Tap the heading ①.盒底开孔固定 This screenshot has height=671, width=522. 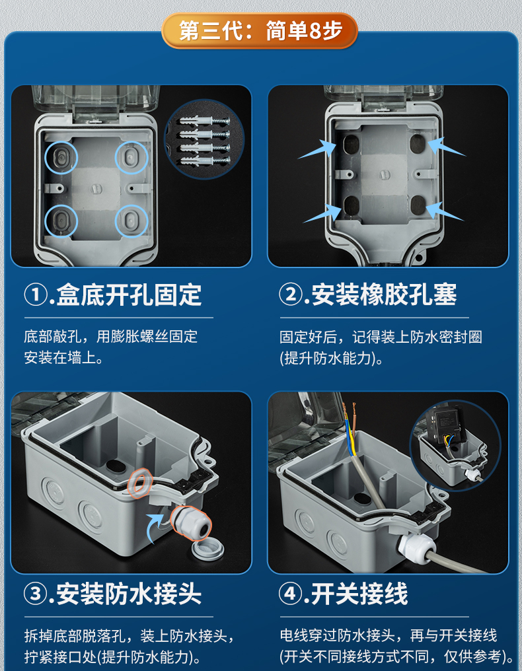point(113,294)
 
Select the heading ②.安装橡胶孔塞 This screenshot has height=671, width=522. point(368,294)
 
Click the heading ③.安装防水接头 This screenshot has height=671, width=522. point(113,594)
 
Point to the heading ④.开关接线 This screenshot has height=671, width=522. point(344,594)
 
